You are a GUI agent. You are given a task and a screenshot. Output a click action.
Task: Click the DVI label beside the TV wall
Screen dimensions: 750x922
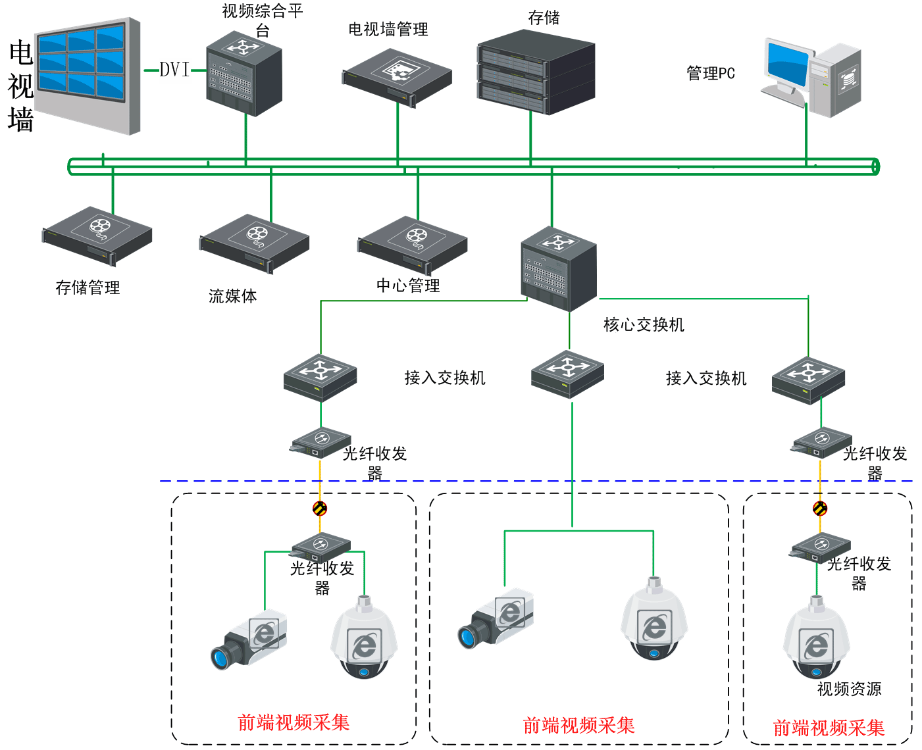pos(174,70)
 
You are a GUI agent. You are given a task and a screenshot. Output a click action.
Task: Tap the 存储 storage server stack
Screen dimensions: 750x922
pos(536,72)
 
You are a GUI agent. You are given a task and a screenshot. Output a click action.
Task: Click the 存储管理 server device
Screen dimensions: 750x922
pos(97,236)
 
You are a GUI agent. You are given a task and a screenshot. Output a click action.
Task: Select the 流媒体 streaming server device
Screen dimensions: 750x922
pos(254,243)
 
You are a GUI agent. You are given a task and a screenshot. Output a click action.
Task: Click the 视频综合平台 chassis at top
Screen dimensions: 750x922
pos(244,73)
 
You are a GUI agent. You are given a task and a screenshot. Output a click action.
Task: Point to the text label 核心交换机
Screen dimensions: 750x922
pos(644,325)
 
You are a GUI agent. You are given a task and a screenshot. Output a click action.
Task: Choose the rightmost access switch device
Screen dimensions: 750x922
pos(808,380)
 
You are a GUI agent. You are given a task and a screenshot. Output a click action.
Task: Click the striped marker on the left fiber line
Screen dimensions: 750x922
pos(320,508)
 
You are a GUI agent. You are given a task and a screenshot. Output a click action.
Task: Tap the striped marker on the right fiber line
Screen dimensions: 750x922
pos(820,508)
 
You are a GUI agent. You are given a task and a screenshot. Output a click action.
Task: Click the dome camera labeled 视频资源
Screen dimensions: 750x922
pos(816,639)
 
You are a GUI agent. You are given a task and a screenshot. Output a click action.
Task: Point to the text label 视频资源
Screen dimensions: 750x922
pos(849,689)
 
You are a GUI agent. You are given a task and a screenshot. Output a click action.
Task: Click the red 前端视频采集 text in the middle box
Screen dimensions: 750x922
pos(578,726)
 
